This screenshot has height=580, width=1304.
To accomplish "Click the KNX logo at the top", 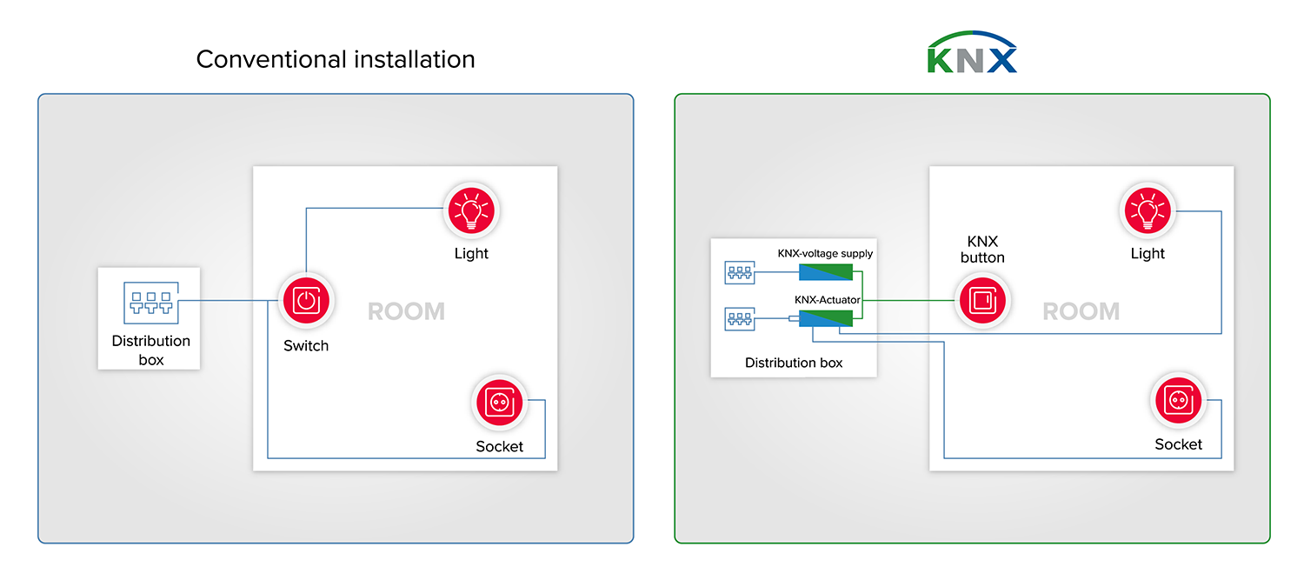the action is (972, 52).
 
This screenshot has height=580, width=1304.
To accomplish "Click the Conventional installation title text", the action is (336, 59).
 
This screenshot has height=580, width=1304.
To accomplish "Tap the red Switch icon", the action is (306, 301).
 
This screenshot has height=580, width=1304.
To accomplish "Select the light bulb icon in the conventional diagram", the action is (471, 210).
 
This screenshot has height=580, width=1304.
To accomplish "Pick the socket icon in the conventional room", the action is (500, 402).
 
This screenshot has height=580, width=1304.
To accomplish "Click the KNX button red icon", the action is (982, 301).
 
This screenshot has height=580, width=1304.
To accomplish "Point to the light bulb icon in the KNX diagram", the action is (1148, 210).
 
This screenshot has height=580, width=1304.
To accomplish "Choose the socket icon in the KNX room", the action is (1179, 400).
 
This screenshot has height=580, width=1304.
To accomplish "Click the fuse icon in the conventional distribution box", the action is (151, 303).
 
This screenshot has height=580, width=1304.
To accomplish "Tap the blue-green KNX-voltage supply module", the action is (826, 272).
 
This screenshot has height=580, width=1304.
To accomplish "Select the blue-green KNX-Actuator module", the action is (826, 318).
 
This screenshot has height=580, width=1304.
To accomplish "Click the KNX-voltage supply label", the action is (825, 253).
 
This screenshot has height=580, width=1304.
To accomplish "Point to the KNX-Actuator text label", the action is (828, 300).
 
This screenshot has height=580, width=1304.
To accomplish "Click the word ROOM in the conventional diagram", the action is (406, 311).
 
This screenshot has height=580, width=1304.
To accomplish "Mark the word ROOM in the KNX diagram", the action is (1081, 311).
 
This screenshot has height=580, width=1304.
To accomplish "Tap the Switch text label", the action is (306, 346).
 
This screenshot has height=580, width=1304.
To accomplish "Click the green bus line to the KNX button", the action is (908, 301).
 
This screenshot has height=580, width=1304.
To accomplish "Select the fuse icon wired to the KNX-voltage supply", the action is (740, 272).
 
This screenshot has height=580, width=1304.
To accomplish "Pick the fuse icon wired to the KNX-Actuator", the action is (740, 319).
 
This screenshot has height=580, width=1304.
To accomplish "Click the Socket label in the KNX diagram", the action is (1178, 444).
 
